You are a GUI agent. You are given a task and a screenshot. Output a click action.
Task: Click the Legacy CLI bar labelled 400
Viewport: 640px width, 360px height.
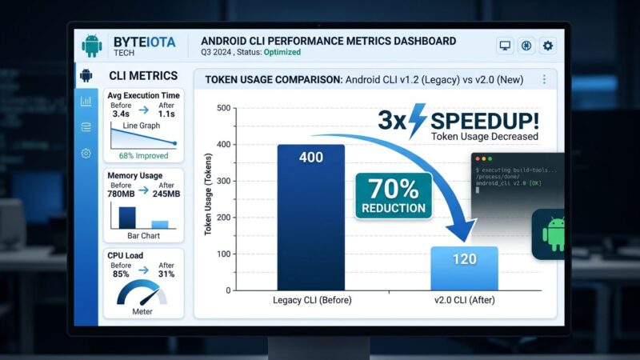click(x=311, y=216)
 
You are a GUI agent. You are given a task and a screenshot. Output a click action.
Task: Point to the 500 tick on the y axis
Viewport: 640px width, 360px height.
click(x=223, y=108)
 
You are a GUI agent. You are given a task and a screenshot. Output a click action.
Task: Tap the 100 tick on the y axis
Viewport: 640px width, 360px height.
click(x=223, y=254)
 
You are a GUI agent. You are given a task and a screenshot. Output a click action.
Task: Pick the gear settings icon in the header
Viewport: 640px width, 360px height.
click(x=547, y=46)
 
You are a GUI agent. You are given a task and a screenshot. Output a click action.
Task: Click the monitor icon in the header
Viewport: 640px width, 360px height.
click(x=505, y=46)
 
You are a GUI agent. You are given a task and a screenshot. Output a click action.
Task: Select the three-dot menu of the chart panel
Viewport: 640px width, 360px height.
click(x=544, y=79)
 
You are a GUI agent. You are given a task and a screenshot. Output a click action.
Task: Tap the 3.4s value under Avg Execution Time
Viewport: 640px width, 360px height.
click(x=122, y=114)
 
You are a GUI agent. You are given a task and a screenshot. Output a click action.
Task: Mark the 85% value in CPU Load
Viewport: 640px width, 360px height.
click(x=122, y=274)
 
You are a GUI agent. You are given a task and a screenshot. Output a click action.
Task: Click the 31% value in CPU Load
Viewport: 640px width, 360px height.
click(x=166, y=274)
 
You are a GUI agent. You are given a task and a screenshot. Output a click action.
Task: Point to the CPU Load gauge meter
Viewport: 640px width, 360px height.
click(x=143, y=294)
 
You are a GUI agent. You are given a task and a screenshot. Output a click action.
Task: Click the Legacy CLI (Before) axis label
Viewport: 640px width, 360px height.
click(x=311, y=300)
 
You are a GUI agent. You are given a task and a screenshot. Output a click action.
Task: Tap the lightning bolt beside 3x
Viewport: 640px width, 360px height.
click(x=418, y=122)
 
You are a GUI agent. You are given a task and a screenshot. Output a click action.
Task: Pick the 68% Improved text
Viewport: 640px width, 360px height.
click(x=143, y=155)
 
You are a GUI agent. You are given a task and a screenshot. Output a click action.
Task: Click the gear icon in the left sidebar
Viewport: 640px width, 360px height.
click(x=86, y=153)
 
